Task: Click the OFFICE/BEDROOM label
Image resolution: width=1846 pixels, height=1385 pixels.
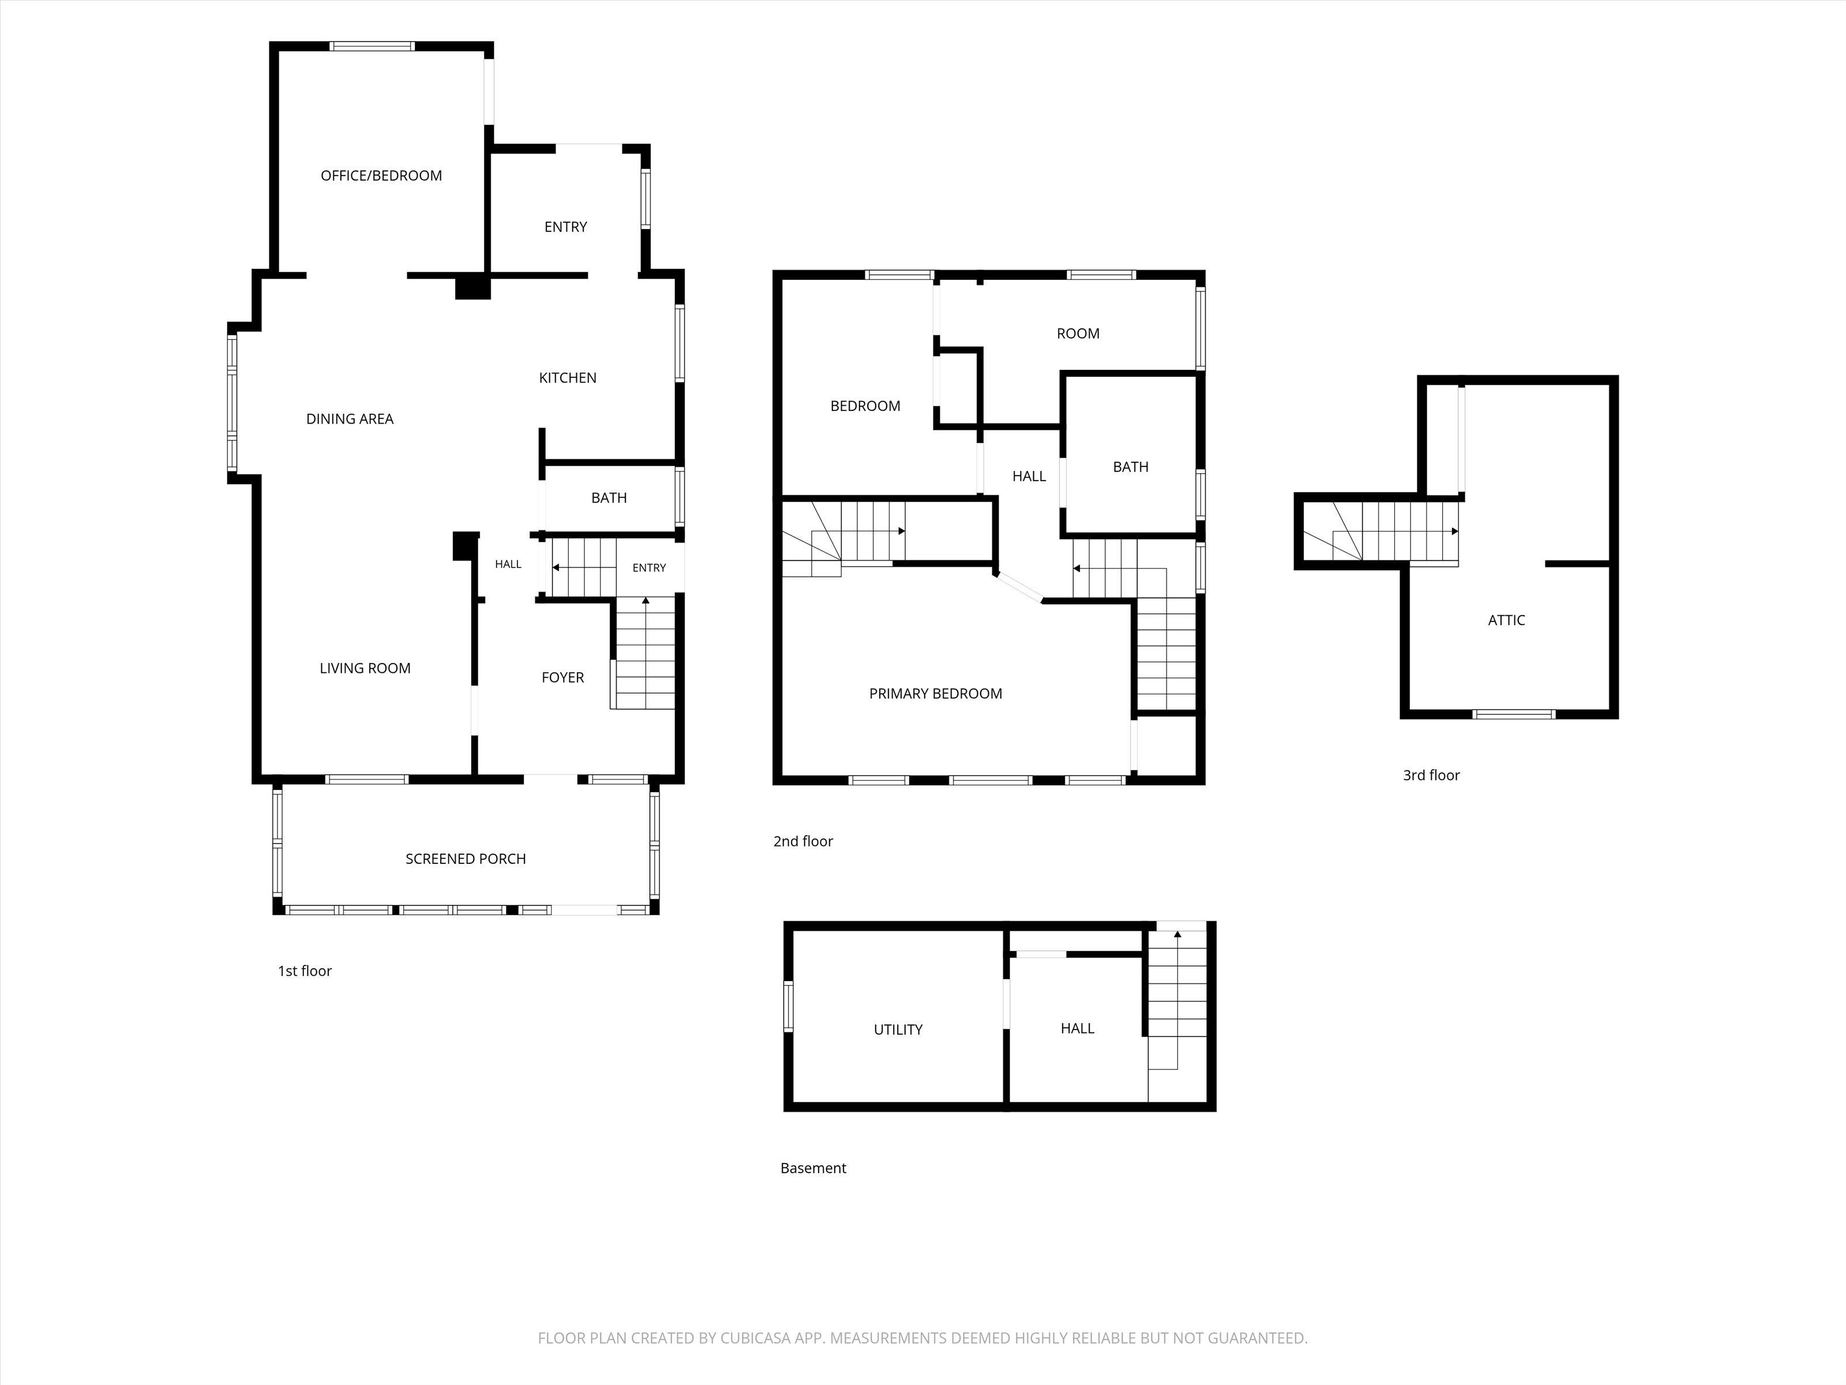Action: [381, 175]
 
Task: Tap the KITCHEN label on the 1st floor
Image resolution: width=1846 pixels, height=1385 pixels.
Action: [568, 378]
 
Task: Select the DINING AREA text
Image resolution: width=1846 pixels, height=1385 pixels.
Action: [350, 419]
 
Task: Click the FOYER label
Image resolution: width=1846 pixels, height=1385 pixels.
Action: [562, 677]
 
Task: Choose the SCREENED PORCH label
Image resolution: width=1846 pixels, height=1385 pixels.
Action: [466, 859]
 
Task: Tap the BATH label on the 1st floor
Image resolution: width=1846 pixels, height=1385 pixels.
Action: [609, 497]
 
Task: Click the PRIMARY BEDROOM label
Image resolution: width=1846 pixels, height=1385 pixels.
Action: [936, 694]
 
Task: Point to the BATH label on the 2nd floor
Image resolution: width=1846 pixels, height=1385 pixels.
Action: [1131, 467]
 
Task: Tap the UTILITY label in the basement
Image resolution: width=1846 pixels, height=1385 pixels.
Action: [898, 1030]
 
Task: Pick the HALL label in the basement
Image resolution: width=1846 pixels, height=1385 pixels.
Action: [1078, 1028]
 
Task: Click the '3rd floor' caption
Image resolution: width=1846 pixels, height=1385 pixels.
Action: [1431, 776]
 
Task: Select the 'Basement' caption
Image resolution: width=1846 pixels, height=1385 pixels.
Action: [813, 1169]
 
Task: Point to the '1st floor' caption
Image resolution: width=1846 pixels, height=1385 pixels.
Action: [305, 971]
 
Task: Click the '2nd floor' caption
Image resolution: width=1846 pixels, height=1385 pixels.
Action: [803, 841]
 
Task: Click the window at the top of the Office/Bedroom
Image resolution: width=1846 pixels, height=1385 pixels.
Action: [372, 46]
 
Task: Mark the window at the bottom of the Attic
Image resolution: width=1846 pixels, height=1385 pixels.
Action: [1514, 714]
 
